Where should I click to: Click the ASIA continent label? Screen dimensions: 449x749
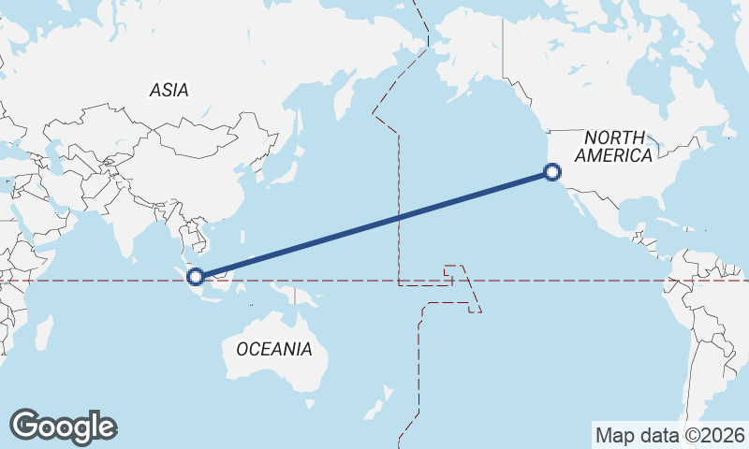169,90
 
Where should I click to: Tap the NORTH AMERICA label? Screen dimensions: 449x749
615,147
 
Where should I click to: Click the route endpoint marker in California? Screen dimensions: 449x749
552,172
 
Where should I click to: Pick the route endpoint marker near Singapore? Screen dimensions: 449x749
196,276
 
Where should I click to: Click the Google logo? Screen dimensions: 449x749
63,427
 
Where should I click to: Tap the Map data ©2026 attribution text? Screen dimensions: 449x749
669,435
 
